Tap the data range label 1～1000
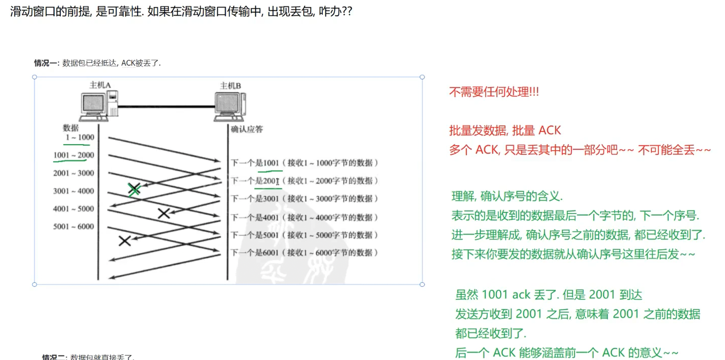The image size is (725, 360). click(80, 137)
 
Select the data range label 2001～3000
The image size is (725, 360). click(74, 173)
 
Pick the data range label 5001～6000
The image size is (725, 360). click(74, 226)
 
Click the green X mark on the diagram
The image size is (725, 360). click(134, 189)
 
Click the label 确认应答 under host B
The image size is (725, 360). click(247, 129)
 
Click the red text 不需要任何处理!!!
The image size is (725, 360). click(494, 92)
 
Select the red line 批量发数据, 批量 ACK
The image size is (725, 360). click(505, 130)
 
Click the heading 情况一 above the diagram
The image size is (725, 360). click(46, 63)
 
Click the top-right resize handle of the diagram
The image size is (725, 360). click(422, 77)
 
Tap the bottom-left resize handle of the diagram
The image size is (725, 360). click(35, 284)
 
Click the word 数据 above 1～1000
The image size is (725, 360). click(71, 128)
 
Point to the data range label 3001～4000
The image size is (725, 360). click(74, 191)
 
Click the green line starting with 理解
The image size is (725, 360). click(507, 196)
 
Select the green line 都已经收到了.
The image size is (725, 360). click(491, 333)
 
